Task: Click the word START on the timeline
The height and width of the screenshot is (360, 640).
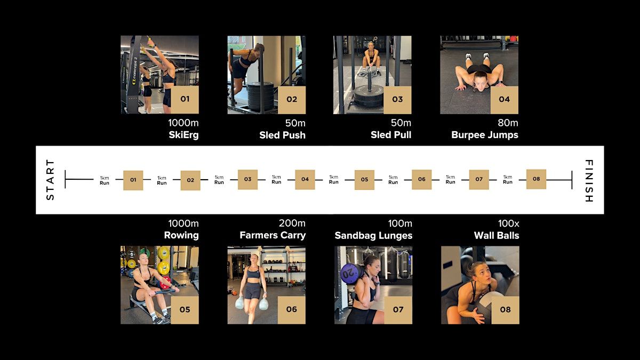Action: pos(50,180)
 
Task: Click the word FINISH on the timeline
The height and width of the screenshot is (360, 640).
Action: pos(589,181)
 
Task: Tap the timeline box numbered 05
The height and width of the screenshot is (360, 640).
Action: pos(364,180)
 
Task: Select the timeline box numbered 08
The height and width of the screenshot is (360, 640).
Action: pos(537,179)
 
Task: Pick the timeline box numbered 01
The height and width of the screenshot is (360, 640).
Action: pos(133,180)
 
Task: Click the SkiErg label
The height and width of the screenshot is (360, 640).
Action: pos(183,135)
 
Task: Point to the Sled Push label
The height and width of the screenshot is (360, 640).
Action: pos(282,135)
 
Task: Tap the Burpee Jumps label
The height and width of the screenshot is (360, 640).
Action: pos(485,135)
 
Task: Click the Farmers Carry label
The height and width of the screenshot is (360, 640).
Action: pos(273,235)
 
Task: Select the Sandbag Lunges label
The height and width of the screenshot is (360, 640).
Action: pos(373,235)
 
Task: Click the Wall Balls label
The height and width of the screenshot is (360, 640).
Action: pos(497,235)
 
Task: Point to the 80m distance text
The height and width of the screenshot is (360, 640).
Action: pos(508,123)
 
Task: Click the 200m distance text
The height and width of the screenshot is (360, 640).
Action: pos(292,223)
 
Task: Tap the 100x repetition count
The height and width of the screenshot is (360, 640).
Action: pos(509,223)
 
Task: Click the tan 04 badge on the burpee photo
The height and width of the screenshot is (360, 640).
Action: pos(505,100)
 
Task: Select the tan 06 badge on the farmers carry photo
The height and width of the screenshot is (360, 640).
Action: pos(291,310)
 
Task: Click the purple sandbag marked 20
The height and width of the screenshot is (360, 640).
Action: pos(351,274)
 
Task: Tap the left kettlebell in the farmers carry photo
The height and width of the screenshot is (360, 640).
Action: pos(239,303)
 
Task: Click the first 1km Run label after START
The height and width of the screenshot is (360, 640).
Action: pos(105,181)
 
